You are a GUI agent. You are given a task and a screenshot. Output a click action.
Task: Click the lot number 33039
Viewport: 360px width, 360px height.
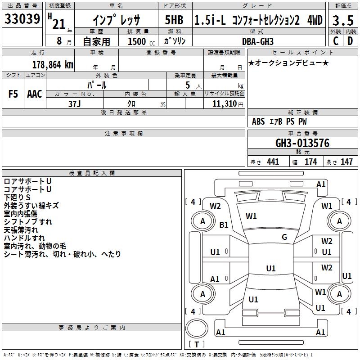click(22, 19)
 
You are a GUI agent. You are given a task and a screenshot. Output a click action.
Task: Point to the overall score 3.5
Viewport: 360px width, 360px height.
click(343, 20)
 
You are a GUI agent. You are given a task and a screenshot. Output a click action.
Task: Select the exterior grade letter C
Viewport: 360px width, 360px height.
click(336, 41)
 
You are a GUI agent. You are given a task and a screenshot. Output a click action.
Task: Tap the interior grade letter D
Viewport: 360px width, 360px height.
click(350, 41)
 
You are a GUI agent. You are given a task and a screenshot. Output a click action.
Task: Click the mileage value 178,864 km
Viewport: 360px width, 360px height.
click(53, 64)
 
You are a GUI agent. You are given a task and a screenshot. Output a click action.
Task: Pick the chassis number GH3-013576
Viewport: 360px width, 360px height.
click(302, 144)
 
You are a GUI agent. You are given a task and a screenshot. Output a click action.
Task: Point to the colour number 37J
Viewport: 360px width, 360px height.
click(75, 103)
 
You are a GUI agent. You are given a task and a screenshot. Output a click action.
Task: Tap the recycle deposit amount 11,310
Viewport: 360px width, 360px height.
click(225, 103)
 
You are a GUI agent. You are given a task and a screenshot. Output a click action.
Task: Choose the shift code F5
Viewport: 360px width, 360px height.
click(13, 94)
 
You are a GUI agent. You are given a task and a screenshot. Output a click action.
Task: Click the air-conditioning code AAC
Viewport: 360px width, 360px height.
click(35, 94)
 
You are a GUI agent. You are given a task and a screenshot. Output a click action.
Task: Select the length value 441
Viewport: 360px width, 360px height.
click(273, 162)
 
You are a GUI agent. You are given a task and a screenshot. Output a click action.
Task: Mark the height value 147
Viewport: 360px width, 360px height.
click(346, 162)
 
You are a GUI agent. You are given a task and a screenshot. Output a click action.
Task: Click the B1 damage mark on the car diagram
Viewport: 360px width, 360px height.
click(224, 225)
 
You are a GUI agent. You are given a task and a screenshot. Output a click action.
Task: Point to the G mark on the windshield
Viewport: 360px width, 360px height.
click(284, 237)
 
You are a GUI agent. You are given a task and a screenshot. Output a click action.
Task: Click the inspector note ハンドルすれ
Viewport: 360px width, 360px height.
click(24, 238)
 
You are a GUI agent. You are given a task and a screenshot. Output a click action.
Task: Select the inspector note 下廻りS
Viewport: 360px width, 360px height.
click(17, 198)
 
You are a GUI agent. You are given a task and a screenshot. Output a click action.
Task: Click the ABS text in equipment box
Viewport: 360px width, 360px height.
click(258, 121)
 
